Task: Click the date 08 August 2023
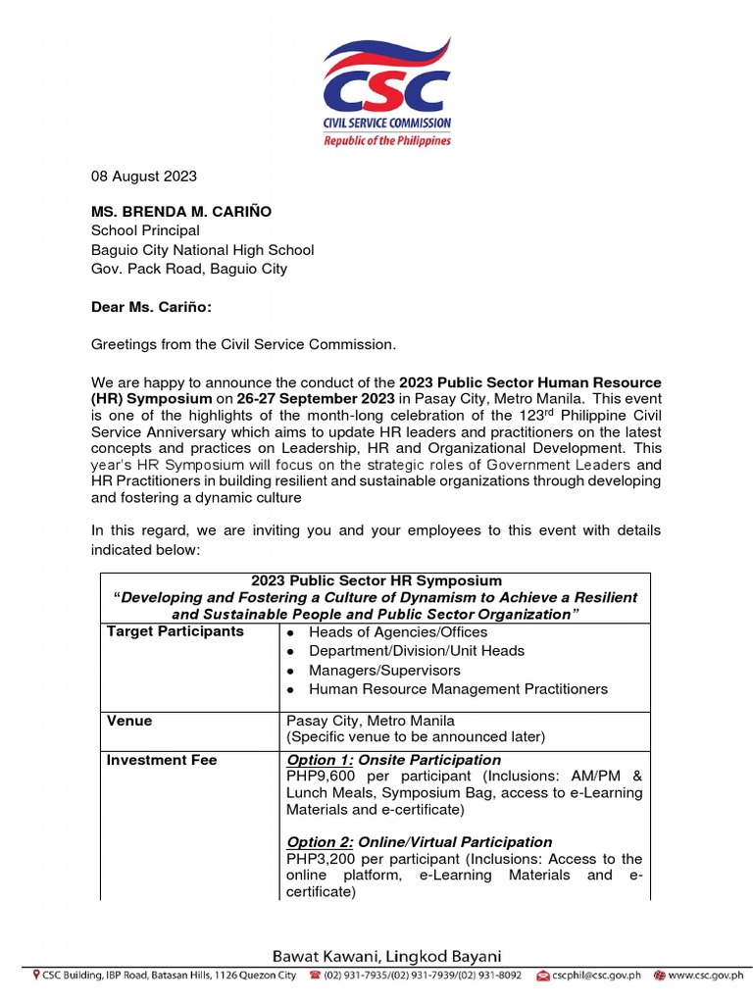[x=144, y=176]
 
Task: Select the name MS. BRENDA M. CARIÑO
[x=182, y=212]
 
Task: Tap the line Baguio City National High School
[x=202, y=250]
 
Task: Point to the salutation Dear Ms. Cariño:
[x=151, y=307]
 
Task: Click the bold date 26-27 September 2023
[x=315, y=399]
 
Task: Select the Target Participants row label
[x=175, y=631]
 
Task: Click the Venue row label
[x=129, y=721]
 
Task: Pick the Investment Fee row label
[x=162, y=760]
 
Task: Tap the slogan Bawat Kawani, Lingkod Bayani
[x=387, y=956]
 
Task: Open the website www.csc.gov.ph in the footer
[x=707, y=976]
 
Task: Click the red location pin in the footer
[x=36, y=976]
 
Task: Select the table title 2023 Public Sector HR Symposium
[x=376, y=581]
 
